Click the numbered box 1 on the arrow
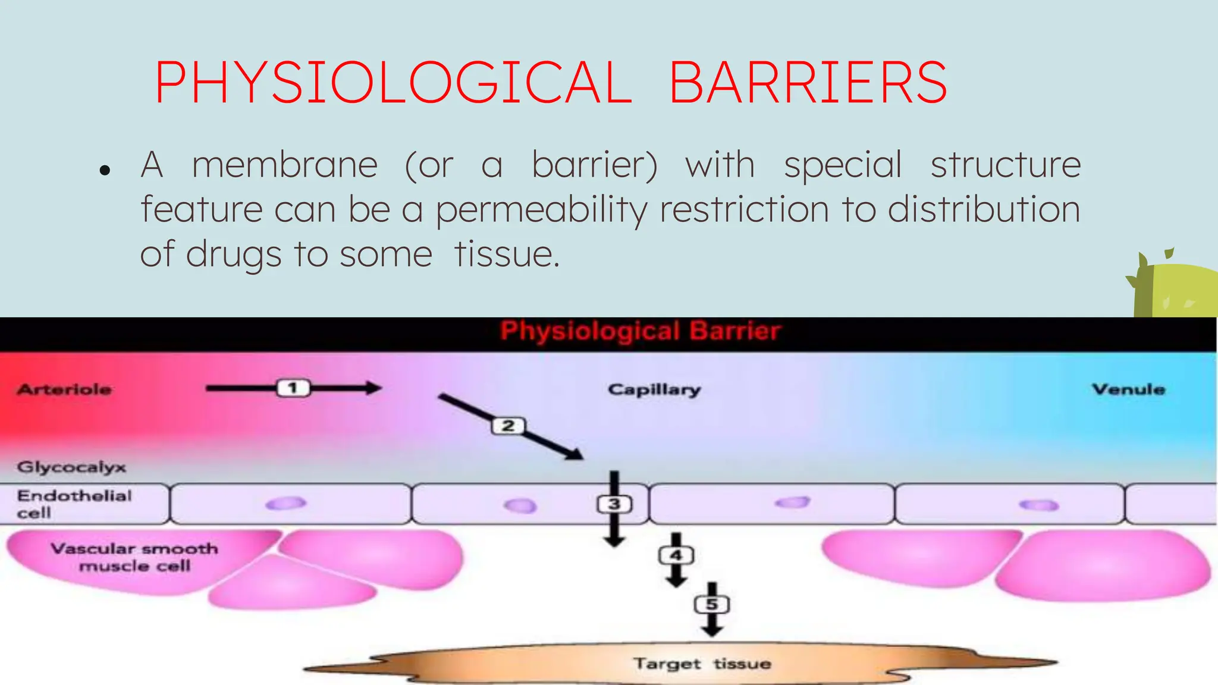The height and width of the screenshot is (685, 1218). [293, 388]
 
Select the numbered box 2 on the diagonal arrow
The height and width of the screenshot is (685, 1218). [508, 426]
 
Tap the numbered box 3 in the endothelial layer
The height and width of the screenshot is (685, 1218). [614, 504]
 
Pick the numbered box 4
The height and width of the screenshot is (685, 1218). [676, 555]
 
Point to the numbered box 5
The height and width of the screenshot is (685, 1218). [712, 605]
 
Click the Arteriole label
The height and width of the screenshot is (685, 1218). [64, 389]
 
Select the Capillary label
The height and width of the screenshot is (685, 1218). [654, 389]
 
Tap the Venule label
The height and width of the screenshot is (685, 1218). [1128, 389]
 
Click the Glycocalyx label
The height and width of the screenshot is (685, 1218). [71, 467]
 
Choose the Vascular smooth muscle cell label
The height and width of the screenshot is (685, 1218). [134, 557]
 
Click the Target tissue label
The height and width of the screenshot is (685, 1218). [702, 663]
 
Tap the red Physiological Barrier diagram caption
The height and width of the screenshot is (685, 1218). [640, 331]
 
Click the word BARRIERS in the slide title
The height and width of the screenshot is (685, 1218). [808, 83]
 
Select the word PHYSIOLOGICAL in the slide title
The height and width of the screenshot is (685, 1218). [393, 83]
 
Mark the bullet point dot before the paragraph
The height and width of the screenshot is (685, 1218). [105, 171]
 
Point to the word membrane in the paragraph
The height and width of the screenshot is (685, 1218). [284, 165]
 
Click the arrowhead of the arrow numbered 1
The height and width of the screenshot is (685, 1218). [374, 388]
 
